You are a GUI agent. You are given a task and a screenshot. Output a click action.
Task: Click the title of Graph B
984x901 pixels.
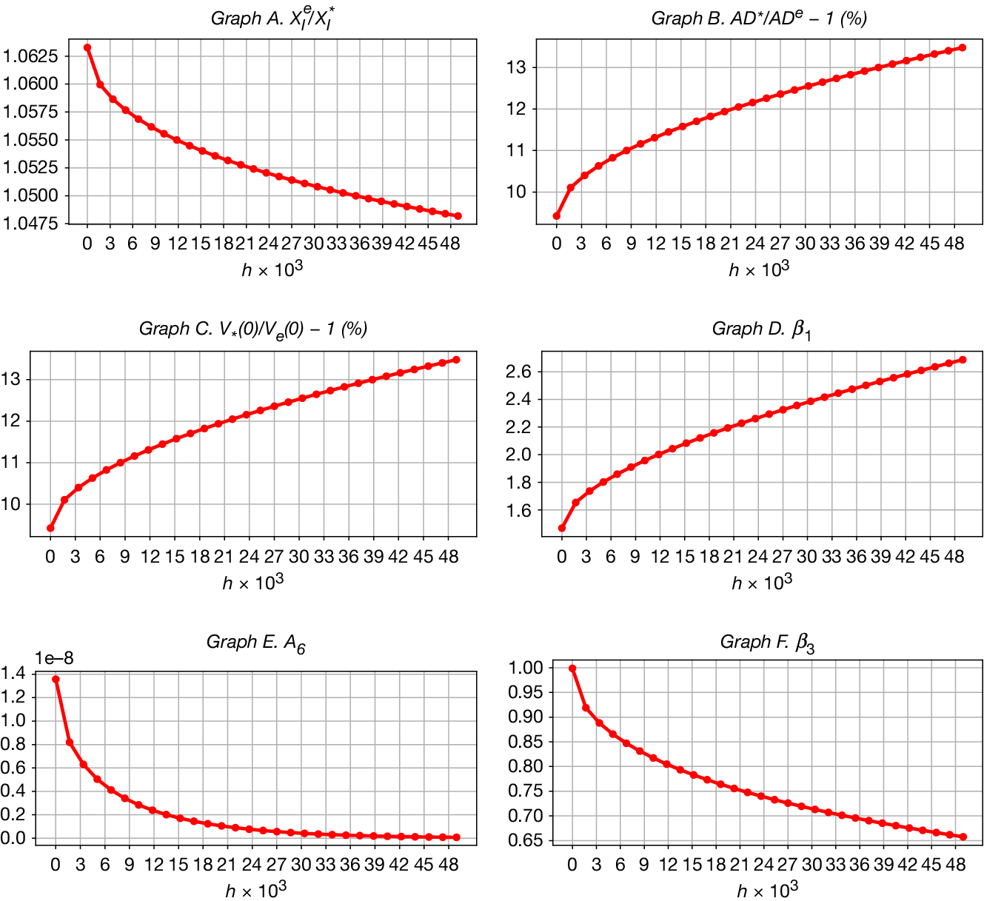click(x=759, y=19)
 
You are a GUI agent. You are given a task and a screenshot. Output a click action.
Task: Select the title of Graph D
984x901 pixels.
click(x=761, y=329)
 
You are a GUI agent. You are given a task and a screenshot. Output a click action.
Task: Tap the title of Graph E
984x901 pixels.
click(x=255, y=643)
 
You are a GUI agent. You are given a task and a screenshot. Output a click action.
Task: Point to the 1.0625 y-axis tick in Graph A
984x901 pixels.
click(x=30, y=56)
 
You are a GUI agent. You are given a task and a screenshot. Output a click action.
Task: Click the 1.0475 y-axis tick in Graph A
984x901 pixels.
click(x=30, y=223)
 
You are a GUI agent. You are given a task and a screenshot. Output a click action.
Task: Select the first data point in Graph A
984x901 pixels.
click(x=87, y=47)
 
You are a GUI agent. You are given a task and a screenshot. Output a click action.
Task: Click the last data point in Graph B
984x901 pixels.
click(x=963, y=47)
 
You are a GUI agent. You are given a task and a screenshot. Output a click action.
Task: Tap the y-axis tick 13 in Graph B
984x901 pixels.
click(x=515, y=67)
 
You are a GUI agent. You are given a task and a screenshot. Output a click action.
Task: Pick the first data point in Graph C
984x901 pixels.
click(x=50, y=528)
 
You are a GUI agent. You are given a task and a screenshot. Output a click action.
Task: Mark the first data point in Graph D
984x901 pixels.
click(x=562, y=528)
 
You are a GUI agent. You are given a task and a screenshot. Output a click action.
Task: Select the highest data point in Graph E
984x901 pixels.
click(x=56, y=679)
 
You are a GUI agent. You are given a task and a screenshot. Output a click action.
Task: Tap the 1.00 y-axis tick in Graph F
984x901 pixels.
click(x=526, y=668)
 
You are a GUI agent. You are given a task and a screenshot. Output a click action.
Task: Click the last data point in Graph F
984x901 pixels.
click(x=963, y=837)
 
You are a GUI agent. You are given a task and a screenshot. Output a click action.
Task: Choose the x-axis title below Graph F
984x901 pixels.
click(x=767, y=889)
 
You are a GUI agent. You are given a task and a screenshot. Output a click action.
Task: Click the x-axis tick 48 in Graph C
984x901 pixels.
click(x=449, y=557)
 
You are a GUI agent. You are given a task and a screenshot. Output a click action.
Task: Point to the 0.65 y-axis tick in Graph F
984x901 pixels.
click(x=526, y=840)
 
